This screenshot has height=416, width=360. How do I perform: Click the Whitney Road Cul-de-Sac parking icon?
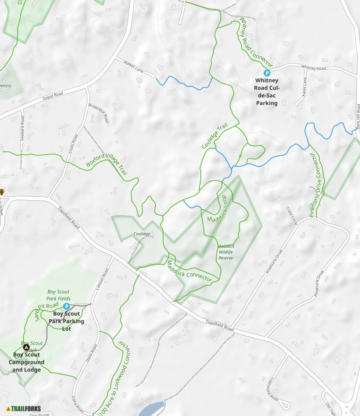(267, 73)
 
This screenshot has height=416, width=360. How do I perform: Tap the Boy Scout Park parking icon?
(66, 306)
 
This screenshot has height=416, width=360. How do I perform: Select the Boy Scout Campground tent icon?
(26, 347)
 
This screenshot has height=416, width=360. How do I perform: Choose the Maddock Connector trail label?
(189, 271)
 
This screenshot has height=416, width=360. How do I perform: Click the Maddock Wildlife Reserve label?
(226, 252)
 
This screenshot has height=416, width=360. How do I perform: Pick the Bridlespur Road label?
(98, 113)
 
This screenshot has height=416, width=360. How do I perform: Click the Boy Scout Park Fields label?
(58, 295)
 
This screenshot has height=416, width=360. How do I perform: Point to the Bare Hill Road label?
(357, 116)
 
